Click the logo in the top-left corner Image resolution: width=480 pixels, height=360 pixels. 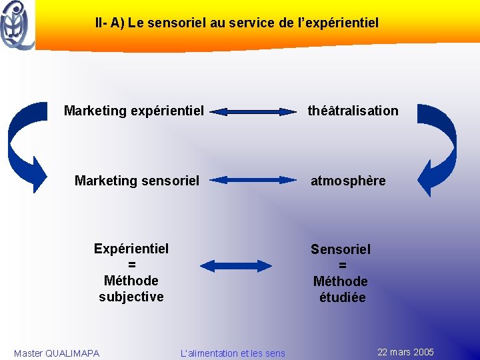[x=17, y=25]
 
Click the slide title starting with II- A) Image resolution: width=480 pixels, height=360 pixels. [x=237, y=23]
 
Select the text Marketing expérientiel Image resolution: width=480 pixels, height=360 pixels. [x=134, y=111]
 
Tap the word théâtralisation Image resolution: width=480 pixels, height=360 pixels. [x=353, y=111]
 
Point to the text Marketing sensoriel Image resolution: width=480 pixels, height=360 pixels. [x=137, y=180]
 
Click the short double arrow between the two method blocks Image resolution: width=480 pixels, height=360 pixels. [x=237, y=265]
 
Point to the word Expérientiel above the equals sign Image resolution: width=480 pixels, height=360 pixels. [x=131, y=249]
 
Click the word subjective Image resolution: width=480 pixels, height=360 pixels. [x=131, y=297]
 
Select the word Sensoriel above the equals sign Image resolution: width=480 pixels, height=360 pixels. [x=341, y=249]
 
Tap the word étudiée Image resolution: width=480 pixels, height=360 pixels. [x=342, y=297]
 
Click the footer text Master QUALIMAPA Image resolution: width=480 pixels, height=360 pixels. [x=57, y=353]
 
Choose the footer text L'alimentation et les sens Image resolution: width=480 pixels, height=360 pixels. [x=233, y=353]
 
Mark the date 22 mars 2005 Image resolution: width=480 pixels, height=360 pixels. [x=405, y=352]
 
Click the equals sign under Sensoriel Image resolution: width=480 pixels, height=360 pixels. [x=342, y=265]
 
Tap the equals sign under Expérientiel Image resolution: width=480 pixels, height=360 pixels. [x=131, y=265]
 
